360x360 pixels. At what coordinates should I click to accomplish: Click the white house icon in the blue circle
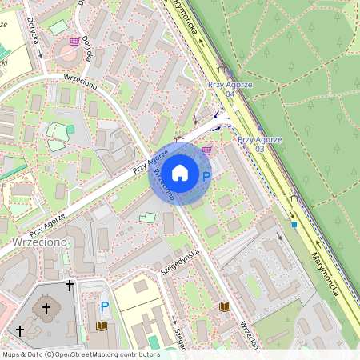coord(180,172)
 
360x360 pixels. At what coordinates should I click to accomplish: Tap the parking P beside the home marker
coord(206,178)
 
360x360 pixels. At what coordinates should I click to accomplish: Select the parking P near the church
coord(104,306)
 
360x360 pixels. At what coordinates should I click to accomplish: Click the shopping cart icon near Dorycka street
coord(74,41)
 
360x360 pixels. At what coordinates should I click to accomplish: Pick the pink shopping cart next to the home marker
coord(206,150)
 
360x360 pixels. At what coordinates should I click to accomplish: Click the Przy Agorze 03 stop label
coord(259,144)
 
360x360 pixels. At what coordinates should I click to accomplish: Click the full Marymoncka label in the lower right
coord(325,272)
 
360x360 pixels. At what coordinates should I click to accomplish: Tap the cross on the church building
coord(46,307)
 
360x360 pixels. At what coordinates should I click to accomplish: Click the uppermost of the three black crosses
coord(70,284)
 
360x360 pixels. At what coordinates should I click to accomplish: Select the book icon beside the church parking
coord(102,326)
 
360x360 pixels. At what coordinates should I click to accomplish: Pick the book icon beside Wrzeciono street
coord(224,306)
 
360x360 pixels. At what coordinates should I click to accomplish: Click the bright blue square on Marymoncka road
coord(294,225)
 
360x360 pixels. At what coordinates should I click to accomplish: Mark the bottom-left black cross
coord(19,330)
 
